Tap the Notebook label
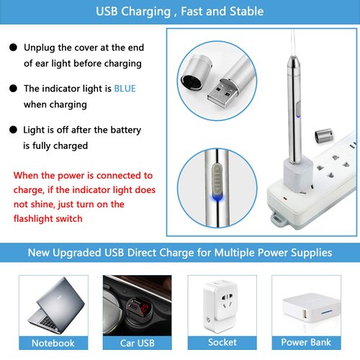click(53, 343)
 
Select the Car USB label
click(137, 343)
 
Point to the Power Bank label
click(306, 343)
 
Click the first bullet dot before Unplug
click(12, 48)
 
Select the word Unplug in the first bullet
click(40, 48)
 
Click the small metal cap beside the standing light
click(323, 135)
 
